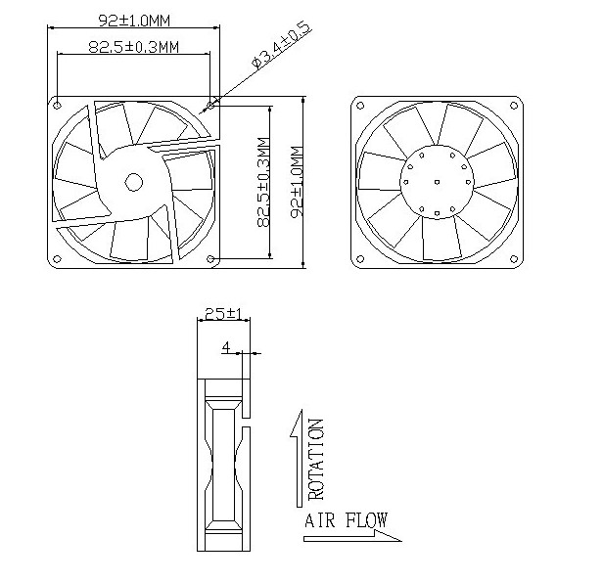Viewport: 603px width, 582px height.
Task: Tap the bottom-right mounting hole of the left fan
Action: (x=213, y=259)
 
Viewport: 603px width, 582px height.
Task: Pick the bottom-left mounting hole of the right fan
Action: (x=360, y=259)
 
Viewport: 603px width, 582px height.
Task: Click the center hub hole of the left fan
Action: (x=131, y=180)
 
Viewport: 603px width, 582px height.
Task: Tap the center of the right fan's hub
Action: (x=438, y=180)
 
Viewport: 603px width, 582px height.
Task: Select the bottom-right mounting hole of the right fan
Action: (x=515, y=259)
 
